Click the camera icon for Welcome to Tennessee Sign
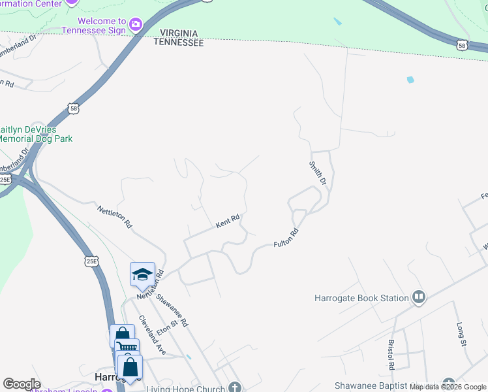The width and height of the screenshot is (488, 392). (x=136, y=25)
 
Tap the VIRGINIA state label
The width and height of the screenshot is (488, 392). (x=178, y=34)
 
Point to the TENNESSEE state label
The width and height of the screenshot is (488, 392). (x=178, y=42)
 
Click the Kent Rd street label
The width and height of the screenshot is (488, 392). (x=228, y=222)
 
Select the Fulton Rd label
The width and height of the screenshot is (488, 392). (x=286, y=238)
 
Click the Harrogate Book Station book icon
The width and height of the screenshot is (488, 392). (x=419, y=298)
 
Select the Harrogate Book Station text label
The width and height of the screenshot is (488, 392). (x=361, y=299)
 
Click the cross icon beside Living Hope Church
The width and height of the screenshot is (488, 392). (x=234, y=387)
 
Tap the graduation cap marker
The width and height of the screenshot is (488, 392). (x=142, y=274)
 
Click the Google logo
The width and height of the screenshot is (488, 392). (x=22, y=384)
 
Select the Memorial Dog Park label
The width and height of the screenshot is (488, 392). (x=36, y=139)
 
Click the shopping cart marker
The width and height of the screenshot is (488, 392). (x=127, y=348)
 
